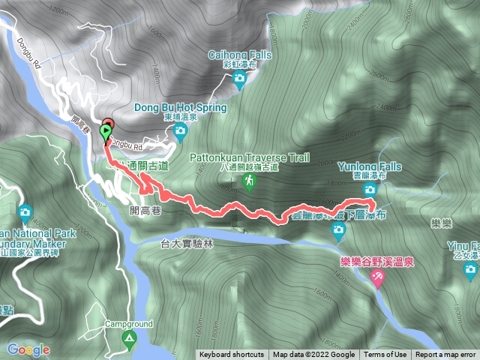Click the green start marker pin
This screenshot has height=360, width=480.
103,130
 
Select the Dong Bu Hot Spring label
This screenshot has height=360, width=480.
180,107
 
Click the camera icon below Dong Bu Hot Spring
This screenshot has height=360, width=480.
180,132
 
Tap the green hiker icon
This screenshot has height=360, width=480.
247,181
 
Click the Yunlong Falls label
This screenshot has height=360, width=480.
370,166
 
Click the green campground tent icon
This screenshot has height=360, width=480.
129,340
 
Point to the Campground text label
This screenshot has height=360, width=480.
129,325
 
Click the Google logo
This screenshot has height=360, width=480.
28,349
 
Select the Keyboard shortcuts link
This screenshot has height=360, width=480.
232,355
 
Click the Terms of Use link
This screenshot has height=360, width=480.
385,355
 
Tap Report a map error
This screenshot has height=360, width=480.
445,355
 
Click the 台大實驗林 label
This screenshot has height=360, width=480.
187,244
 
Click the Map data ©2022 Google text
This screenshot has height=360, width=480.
313,355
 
